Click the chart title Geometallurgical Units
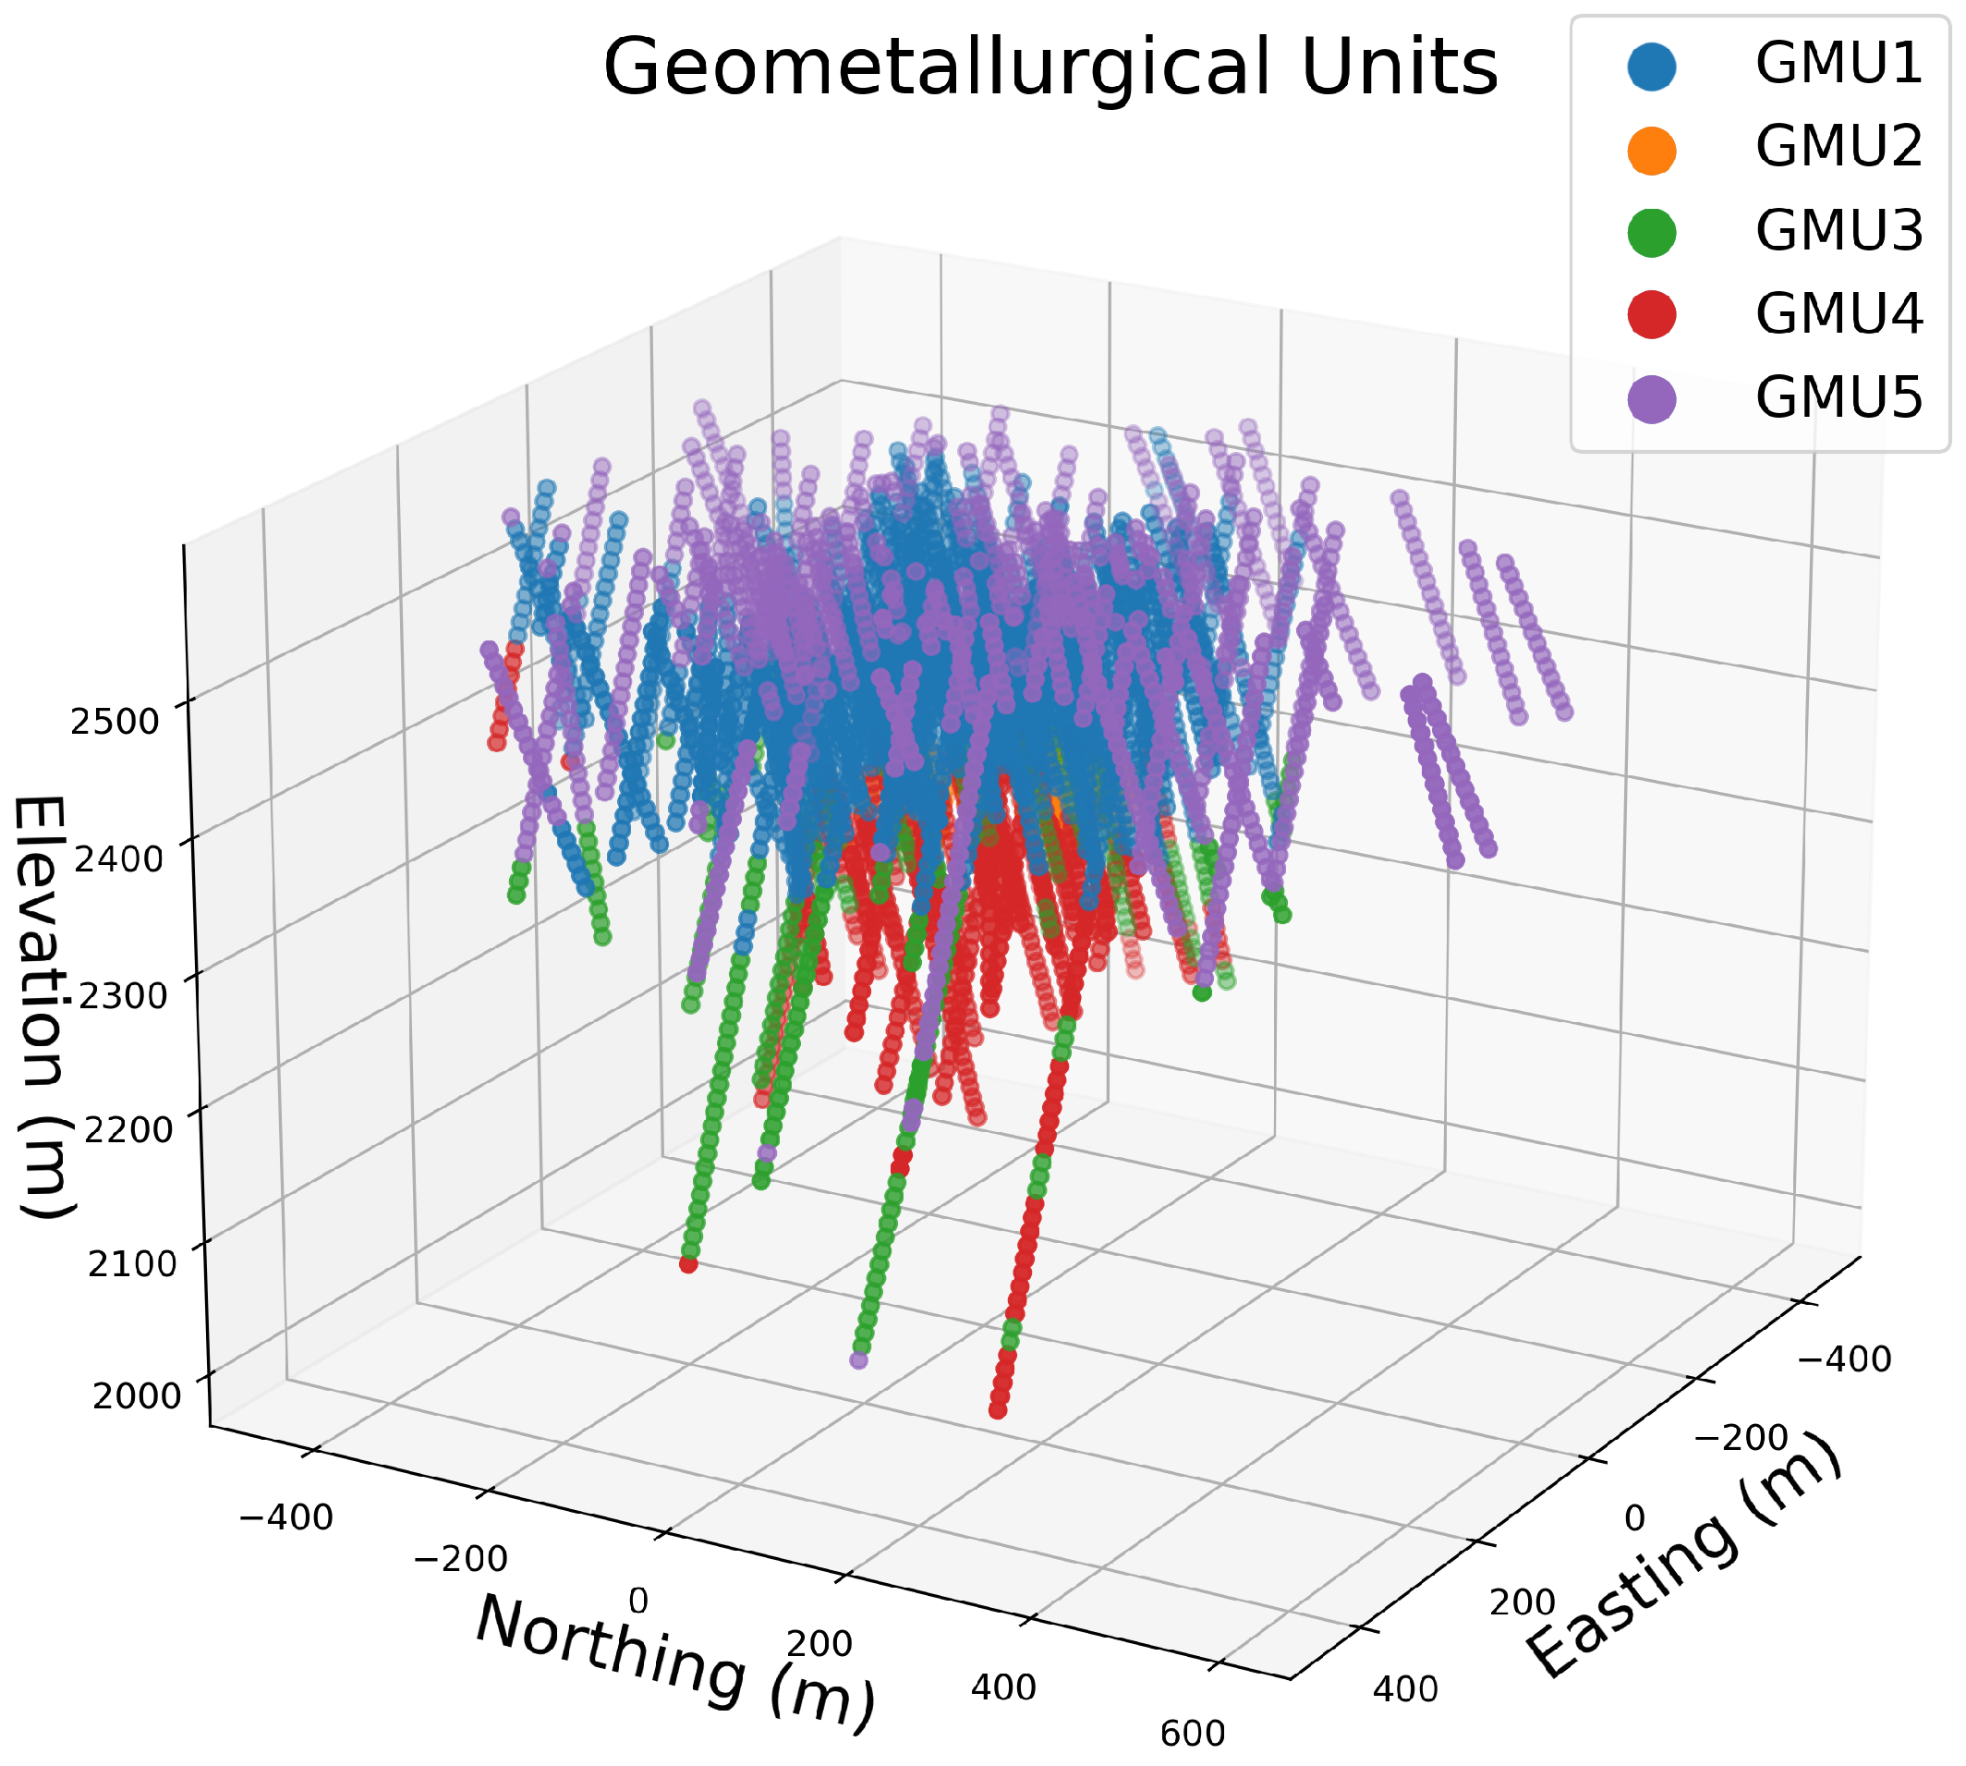1050,68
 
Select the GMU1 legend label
1838,64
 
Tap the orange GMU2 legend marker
1652,149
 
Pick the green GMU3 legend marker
1652,233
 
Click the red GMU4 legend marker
1652,314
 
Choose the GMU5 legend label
1838,397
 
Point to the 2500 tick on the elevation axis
115,722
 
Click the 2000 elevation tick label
136,1396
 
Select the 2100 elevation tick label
132,1263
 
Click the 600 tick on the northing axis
1192,1734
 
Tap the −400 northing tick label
285,1516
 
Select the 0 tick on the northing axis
638,1601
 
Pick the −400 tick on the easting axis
1844,1359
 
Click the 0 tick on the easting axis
1634,1517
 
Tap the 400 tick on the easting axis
1404,1689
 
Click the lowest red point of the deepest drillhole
997,1409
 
